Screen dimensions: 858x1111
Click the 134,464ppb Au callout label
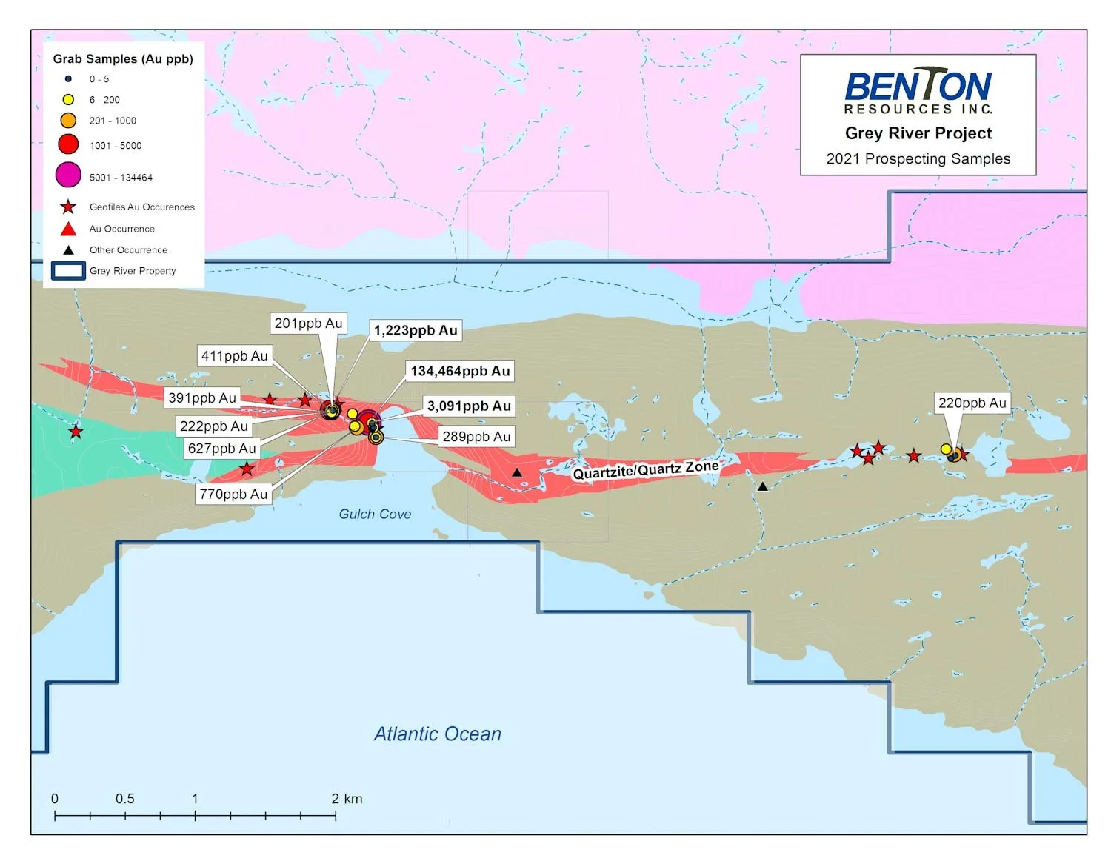(460, 371)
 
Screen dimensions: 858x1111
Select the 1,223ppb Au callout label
(416, 330)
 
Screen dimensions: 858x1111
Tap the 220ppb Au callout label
(972, 403)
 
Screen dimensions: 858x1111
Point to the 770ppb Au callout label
(233, 494)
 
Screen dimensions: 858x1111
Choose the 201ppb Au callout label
(308, 324)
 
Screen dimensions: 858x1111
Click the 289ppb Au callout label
(476, 437)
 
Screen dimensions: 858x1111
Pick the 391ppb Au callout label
(202, 398)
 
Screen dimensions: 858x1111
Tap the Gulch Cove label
(375, 514)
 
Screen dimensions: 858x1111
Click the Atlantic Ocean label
(437, 734)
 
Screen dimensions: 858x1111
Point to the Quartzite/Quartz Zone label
(645, 470)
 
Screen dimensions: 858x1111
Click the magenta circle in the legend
(68, 175)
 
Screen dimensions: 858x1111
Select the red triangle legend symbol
(68, 229)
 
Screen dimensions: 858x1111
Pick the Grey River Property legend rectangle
(68, 271)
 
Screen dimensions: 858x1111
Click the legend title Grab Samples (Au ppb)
(123, 58)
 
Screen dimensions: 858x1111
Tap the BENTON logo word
(918, 86)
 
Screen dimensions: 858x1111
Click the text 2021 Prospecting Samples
(918, 158)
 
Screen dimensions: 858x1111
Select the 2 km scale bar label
(347, 798)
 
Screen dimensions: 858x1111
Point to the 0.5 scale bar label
(124, 798)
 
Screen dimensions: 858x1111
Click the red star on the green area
(76, 432)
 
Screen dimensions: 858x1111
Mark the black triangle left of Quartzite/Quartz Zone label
(517, 472)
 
